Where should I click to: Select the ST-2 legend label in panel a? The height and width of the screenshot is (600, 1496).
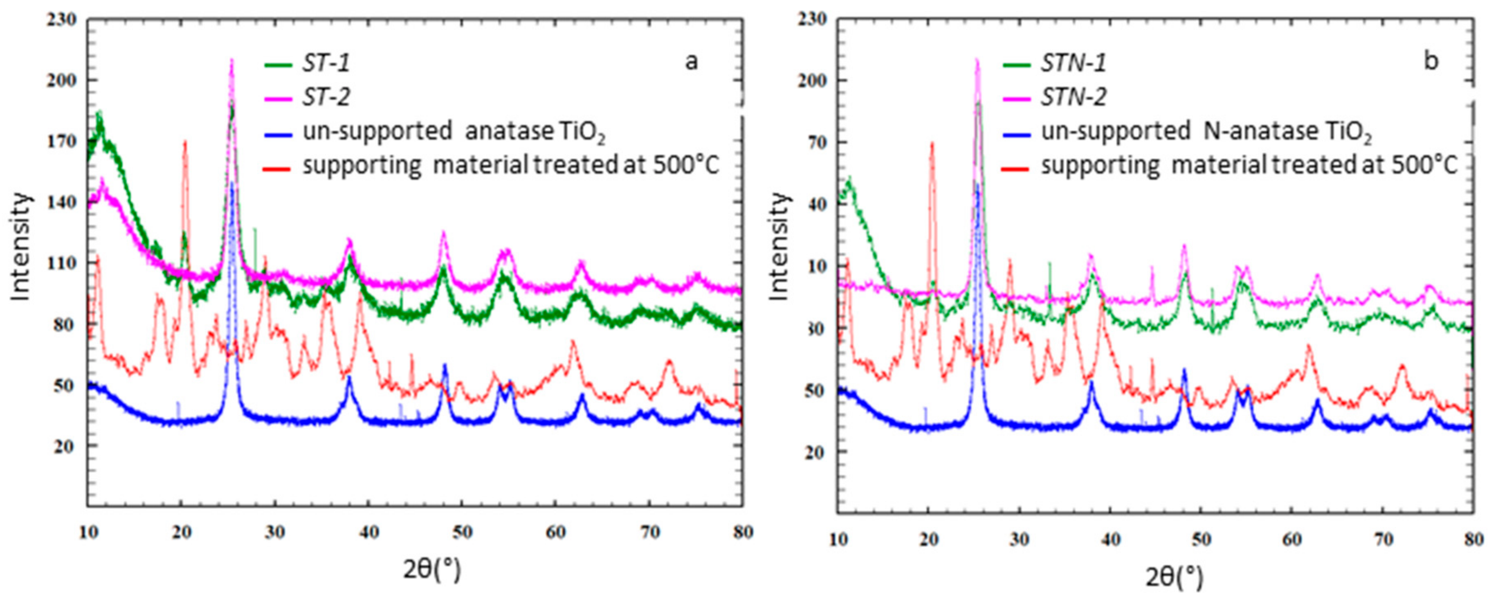click(326, 97)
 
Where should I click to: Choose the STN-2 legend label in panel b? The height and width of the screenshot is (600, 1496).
click(1073, 97)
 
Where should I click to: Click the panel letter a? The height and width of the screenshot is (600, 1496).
click(691, 61)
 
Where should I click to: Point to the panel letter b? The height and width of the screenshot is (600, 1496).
click(1431, 61)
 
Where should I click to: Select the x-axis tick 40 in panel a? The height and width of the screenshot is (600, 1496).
click(369, 532)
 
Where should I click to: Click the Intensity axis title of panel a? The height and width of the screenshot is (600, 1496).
click(20, 247)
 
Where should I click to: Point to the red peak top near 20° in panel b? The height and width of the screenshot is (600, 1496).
click(932, 144)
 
